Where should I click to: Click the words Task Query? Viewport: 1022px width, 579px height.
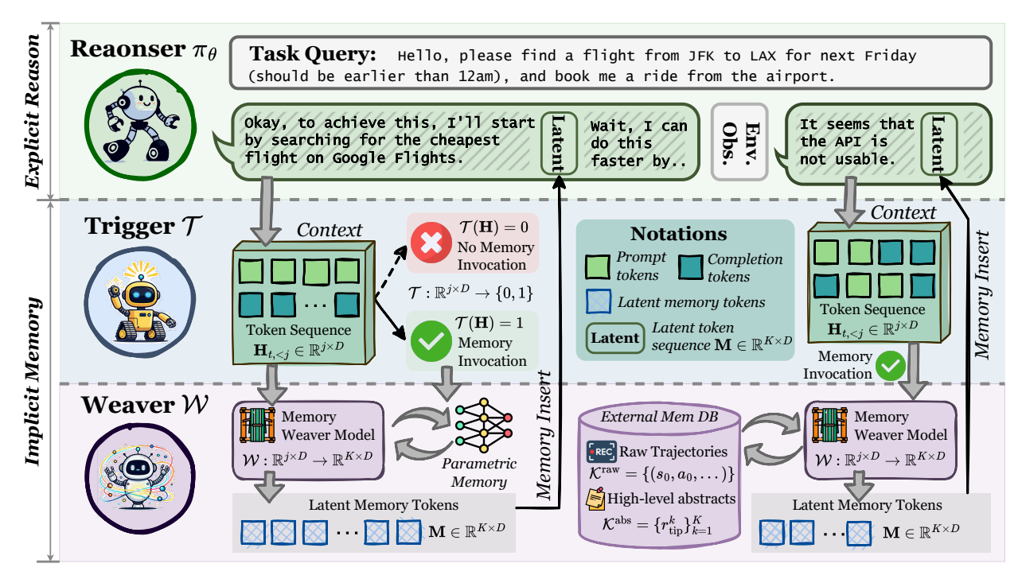pyautogui.click(x=313, y=55)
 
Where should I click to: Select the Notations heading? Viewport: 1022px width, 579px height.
pyautogui.click(x=678, y=234)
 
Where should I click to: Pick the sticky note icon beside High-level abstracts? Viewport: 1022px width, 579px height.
pyautogui.click(x=596, y=498)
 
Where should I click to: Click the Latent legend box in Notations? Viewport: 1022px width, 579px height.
pyautogui.click(x=614, y=337)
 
